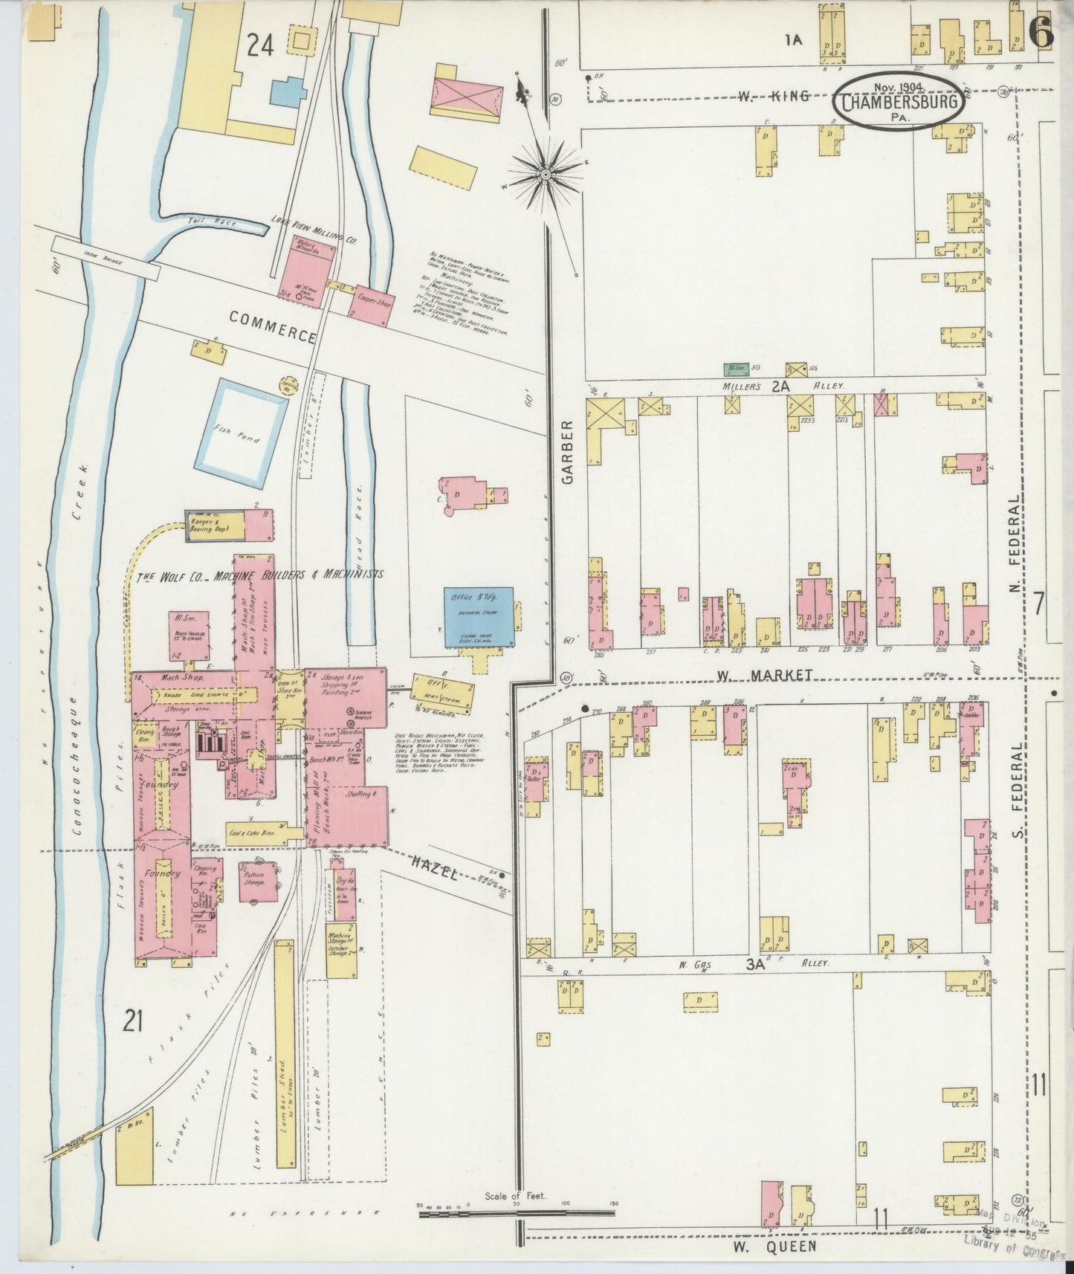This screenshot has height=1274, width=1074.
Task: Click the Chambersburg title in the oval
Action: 899,101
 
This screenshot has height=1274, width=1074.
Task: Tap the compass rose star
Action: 546,174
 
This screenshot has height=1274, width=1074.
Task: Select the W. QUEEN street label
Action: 776,1246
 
